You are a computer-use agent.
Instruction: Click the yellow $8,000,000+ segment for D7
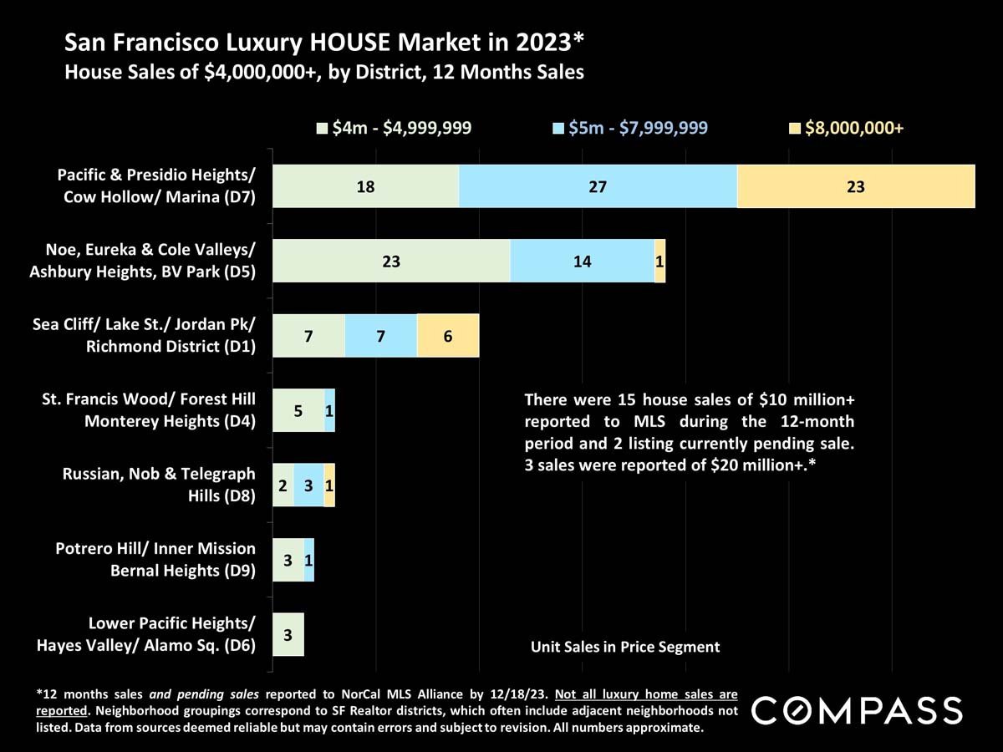(856, 186)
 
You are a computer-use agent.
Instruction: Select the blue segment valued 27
(598, 186)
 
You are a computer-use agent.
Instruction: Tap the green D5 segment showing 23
(391, 261)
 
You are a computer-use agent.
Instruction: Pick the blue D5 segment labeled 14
(582, 261)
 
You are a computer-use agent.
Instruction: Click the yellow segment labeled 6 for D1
(448, 336)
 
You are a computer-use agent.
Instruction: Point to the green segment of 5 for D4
(298, 410)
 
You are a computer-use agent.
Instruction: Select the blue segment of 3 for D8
(308, 485)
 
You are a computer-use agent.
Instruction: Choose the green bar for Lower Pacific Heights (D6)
(288, 634)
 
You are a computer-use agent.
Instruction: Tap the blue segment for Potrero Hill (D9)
(309, 560)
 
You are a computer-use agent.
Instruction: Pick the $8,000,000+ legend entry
(847, 128)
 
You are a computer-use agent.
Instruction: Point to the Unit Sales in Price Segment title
(625, 646)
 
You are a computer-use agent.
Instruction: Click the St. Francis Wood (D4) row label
(149, 410)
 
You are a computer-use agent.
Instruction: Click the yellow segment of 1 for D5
(660, 261)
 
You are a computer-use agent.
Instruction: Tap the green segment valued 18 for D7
(365, 186)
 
